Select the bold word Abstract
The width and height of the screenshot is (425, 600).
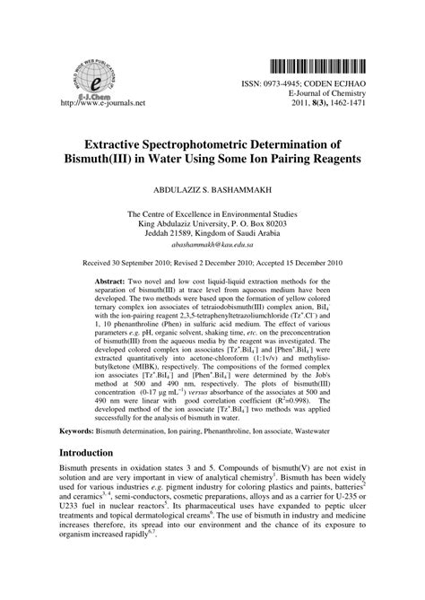click(x=104, y=281)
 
